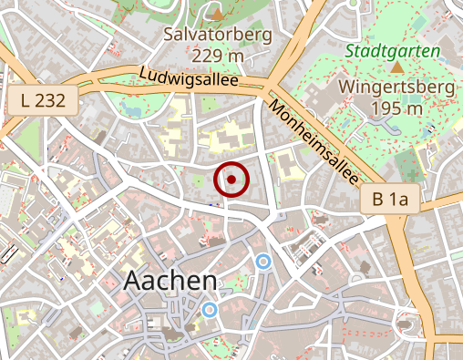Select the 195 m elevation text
click(x=396, y=109)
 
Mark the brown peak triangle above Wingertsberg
click(x=397, y=67)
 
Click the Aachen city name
click(x=170, y=281)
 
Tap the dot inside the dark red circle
click(x=231, y=180)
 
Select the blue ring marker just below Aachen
click(x=210, y=310)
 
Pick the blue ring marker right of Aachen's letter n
click(x=263, y=262)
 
